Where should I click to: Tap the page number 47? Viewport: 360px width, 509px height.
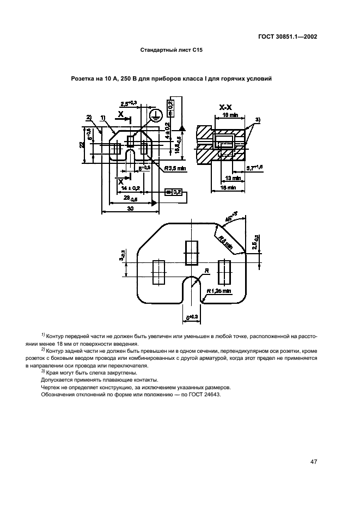tap(314, 462)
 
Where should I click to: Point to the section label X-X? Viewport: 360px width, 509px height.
tap(226, 108)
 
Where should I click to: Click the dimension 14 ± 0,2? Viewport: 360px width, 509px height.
tap(128, 187)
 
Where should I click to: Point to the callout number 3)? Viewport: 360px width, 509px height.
tap(258, 119)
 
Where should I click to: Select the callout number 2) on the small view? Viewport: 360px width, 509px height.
tap(88, 117)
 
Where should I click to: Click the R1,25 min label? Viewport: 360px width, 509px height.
tap(218, 291)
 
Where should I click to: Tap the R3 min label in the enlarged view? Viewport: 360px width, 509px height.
tap(222, 243)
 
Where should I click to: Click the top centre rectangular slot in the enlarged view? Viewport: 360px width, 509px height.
tap(192, 253)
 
